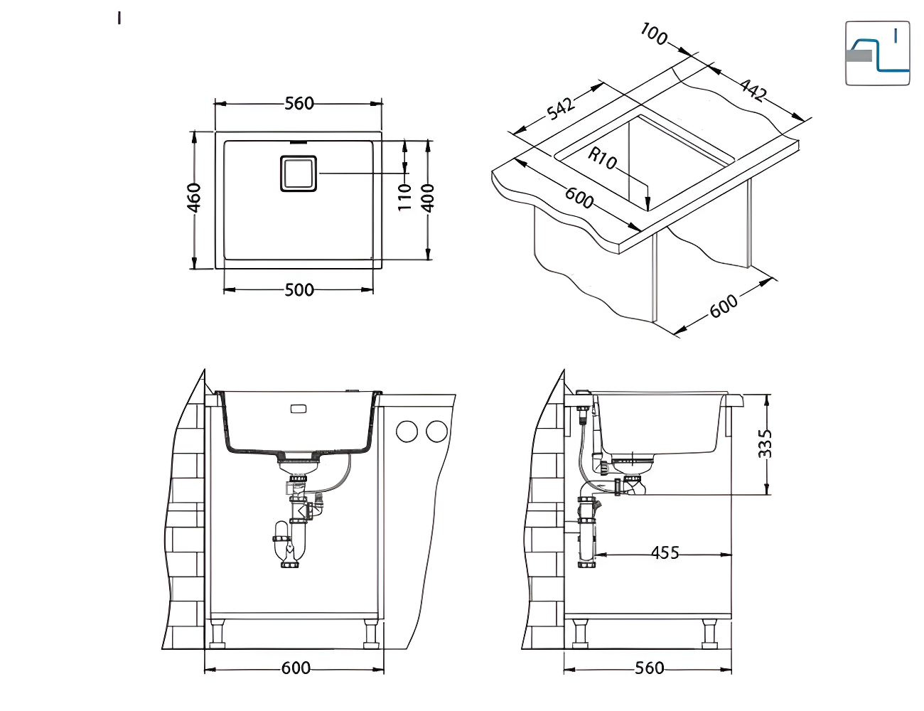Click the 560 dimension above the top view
299,104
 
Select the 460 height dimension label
194,198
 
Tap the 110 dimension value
404,196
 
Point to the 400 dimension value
427,198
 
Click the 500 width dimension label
299,290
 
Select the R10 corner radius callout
603,159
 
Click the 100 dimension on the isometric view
654,33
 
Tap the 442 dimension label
753,90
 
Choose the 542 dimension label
561,109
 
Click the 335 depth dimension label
765,444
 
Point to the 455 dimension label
665,552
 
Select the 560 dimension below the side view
649,668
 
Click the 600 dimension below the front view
296,668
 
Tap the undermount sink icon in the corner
877,53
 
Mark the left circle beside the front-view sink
407,431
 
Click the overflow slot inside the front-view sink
298,410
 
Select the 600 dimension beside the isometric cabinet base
724,306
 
